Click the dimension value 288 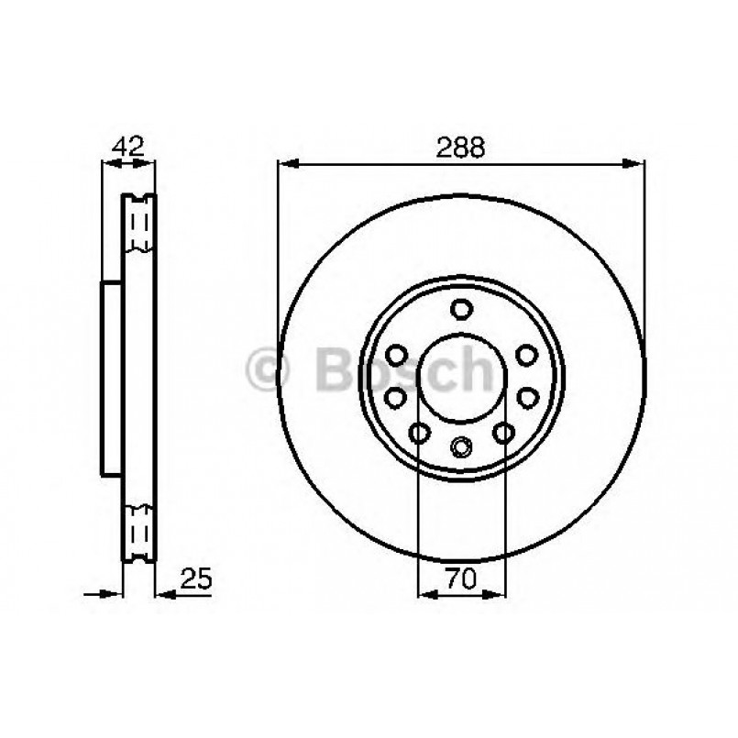[x=461, y=148]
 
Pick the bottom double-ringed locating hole [x=462, y=447]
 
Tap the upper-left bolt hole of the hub [x=397, y=354]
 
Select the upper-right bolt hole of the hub [x=526, y=354]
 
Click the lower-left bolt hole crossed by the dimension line [x=420, y=432]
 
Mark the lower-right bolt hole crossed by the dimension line [x=503, y=432]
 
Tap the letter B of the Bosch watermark [x=334, y=369]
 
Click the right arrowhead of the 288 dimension [x=635, y=165]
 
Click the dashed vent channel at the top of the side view [x=140, y=225]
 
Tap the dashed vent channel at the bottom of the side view [x=140, y=531]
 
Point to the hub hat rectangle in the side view [x=111, y=378]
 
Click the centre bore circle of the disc [x=462, y=377]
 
